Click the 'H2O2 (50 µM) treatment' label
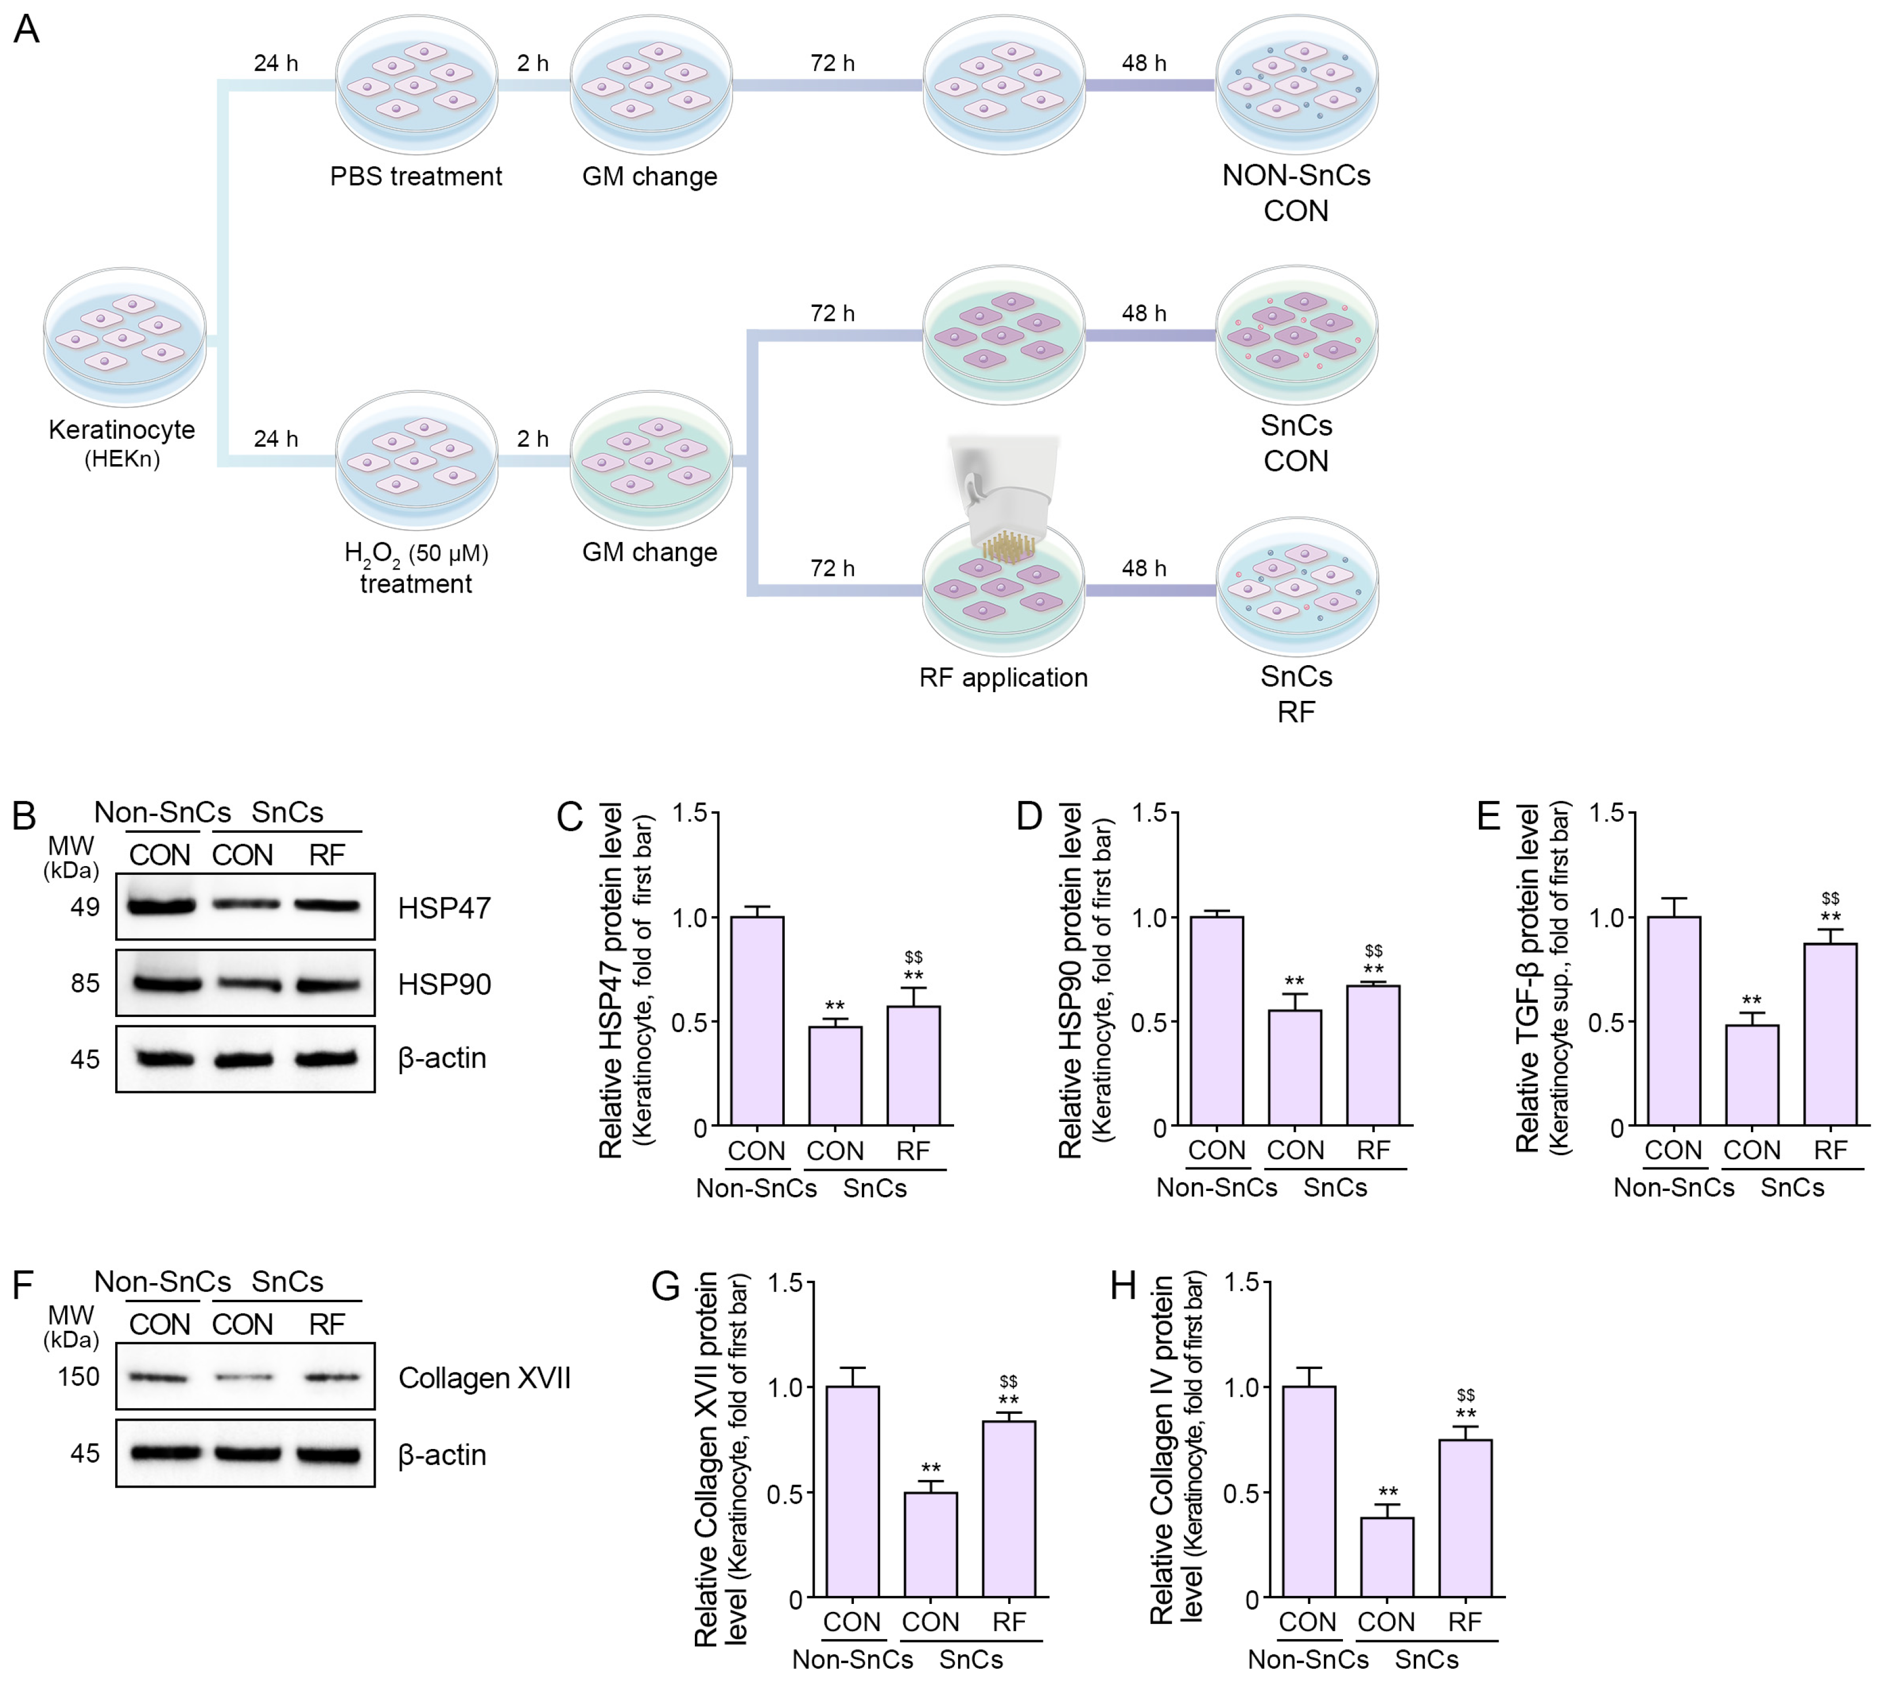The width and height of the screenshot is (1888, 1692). click(416, 568)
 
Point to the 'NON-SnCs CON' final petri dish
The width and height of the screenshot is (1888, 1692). click(1296, 84)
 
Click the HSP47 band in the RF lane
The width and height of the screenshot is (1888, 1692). click(327, 905)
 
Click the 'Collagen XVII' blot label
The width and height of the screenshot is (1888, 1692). click(483, 1378)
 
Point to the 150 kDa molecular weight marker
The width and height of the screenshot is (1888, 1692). click(78, 1377)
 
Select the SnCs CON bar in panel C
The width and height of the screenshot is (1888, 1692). click(834, 1076)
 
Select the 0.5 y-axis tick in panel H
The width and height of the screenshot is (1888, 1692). click(1242, 1494)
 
